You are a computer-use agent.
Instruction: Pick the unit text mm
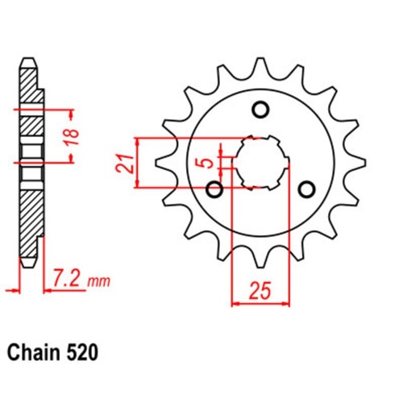[98, 282]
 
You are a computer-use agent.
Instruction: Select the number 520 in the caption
[85, 352]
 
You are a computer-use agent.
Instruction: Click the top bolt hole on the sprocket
[260, 109]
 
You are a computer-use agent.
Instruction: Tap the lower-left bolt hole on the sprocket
[215, 189]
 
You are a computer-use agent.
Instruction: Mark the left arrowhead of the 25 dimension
[235, 304]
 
